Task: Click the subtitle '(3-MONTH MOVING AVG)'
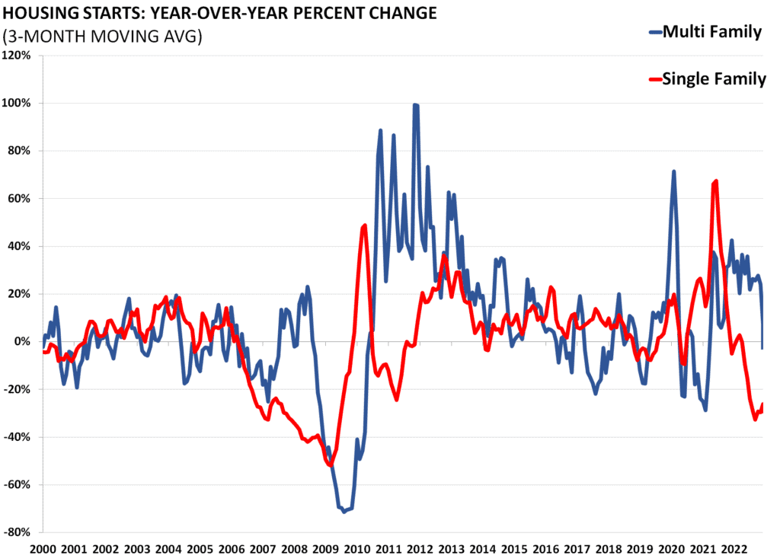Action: pyautogui.click(x=103, y=36)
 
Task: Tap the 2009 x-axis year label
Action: pyautogui.click(x=325, y=549)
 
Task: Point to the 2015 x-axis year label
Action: pyautogui.click(x=513, y=549)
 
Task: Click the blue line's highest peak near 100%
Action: pyautogui.click(x=415, y=105)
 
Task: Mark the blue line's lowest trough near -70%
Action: pyautogui.click(x=344, y=511)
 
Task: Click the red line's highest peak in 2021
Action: pyautogui.click(x=716, y=181)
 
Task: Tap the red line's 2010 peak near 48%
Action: pyautogui.click(x=365, y=225)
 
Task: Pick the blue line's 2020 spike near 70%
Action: pyautogui.click(x=673, y=171)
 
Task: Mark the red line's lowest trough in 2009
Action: pyautogui.click(x=330, y=465)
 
